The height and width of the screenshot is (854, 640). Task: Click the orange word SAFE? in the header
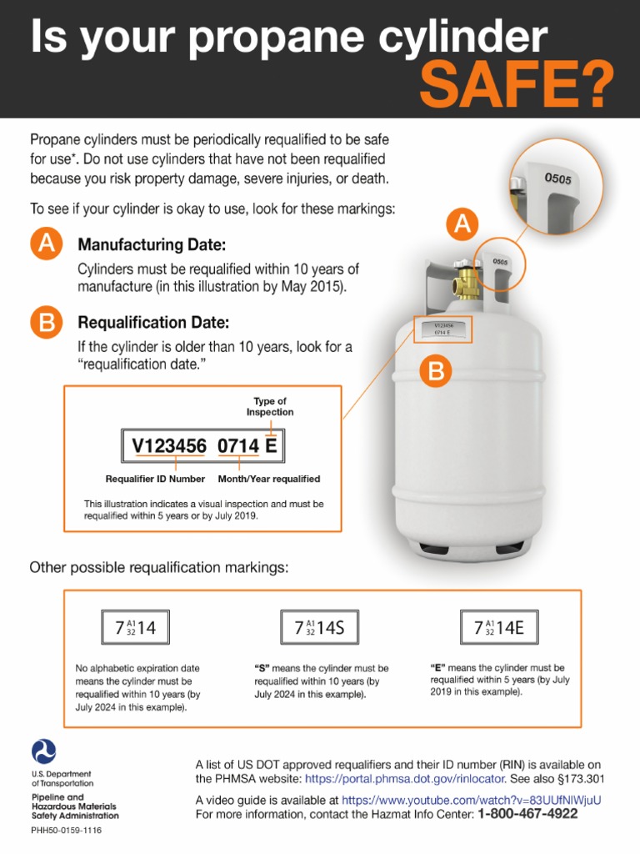coord(516,84)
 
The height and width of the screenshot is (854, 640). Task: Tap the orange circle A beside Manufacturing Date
coord(47,244)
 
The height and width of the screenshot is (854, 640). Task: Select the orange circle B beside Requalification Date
coord(47,322)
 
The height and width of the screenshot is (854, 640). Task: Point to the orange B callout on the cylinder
coord(436,373)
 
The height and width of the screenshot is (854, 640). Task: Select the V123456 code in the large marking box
coord(170,447)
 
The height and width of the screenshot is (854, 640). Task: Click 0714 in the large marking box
coord(237,447)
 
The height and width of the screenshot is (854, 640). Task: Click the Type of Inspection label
coord(269,406)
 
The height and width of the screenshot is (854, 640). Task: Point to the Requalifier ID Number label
coord(155,479)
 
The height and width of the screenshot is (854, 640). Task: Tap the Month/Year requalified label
coord(268,479)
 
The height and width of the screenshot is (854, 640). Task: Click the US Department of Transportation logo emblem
coord(43,751)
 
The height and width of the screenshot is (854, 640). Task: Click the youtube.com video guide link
coord(471,799)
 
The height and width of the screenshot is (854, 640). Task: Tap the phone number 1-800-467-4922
coord(539,813)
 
